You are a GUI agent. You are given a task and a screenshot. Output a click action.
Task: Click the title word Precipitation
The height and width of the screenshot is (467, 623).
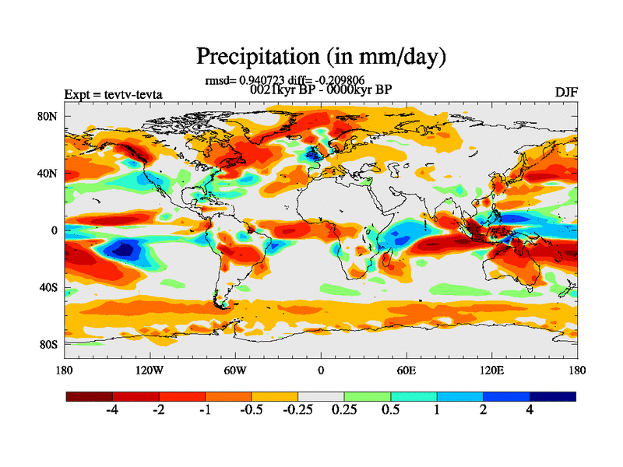pos(252,57)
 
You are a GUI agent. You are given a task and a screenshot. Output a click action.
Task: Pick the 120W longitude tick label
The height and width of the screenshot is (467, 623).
pos(149,370)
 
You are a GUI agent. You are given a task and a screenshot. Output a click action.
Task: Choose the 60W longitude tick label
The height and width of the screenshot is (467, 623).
pos(234,370)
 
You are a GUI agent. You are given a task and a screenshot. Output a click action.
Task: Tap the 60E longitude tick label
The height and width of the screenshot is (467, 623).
pos(406,370)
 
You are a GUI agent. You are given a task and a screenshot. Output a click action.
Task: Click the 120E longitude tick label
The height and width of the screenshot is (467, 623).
pos(491,370)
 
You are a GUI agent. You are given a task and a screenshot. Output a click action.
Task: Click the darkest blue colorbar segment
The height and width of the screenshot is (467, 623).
pos(553,396)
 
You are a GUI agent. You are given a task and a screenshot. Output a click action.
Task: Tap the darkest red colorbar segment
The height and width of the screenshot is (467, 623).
pos(89,396)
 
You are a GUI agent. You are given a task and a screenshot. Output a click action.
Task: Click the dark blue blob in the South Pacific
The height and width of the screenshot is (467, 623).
pos(120,249)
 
